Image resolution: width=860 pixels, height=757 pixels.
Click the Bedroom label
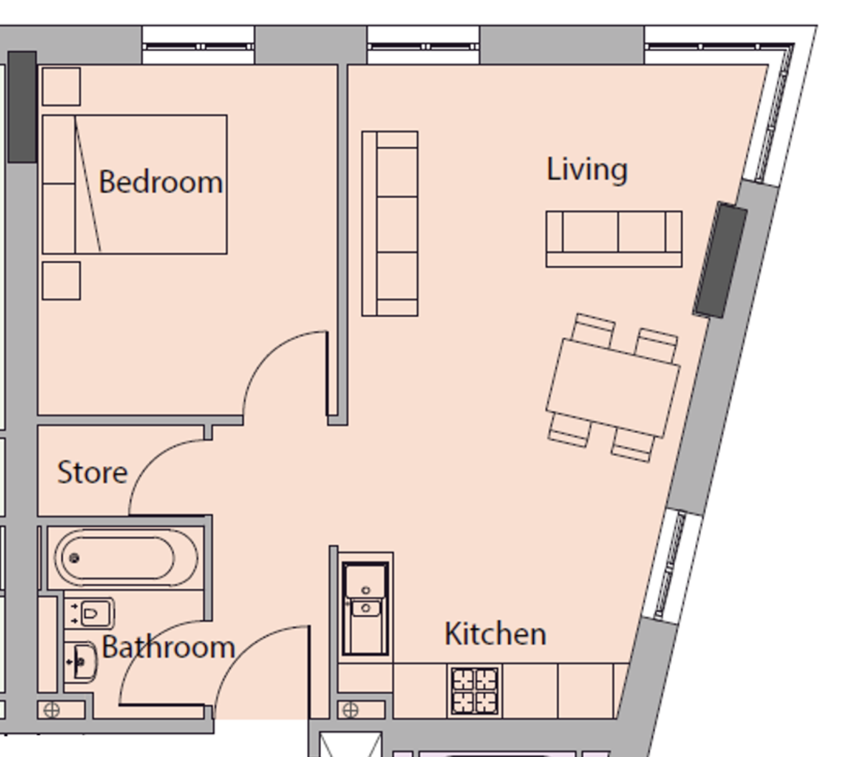pos(161,182)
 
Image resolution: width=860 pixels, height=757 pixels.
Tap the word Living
pos(587,170)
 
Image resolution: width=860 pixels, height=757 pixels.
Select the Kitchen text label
pos(495,634)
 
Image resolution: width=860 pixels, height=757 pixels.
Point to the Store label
pos(92,473)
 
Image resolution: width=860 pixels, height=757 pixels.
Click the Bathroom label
pos(168,648)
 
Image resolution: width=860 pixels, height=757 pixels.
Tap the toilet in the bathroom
pos(92,614)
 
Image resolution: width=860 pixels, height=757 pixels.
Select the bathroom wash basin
pos(81,660)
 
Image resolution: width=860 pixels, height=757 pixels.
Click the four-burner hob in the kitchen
pos(474,690)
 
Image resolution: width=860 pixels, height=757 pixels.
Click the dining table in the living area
pos(613,388)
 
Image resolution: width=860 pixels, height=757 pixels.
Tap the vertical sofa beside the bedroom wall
pos(391,224)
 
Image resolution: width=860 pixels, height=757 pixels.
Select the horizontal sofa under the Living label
pos(613,239)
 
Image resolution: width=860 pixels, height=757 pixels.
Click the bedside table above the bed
pos(61,87)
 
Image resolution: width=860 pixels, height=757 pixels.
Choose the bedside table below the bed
pos(61,280)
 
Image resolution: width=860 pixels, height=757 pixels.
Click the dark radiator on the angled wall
pos(720,260)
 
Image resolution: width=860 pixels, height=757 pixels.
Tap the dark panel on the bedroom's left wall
pos(22,106)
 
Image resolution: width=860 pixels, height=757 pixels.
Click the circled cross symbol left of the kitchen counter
pos(350,710)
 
